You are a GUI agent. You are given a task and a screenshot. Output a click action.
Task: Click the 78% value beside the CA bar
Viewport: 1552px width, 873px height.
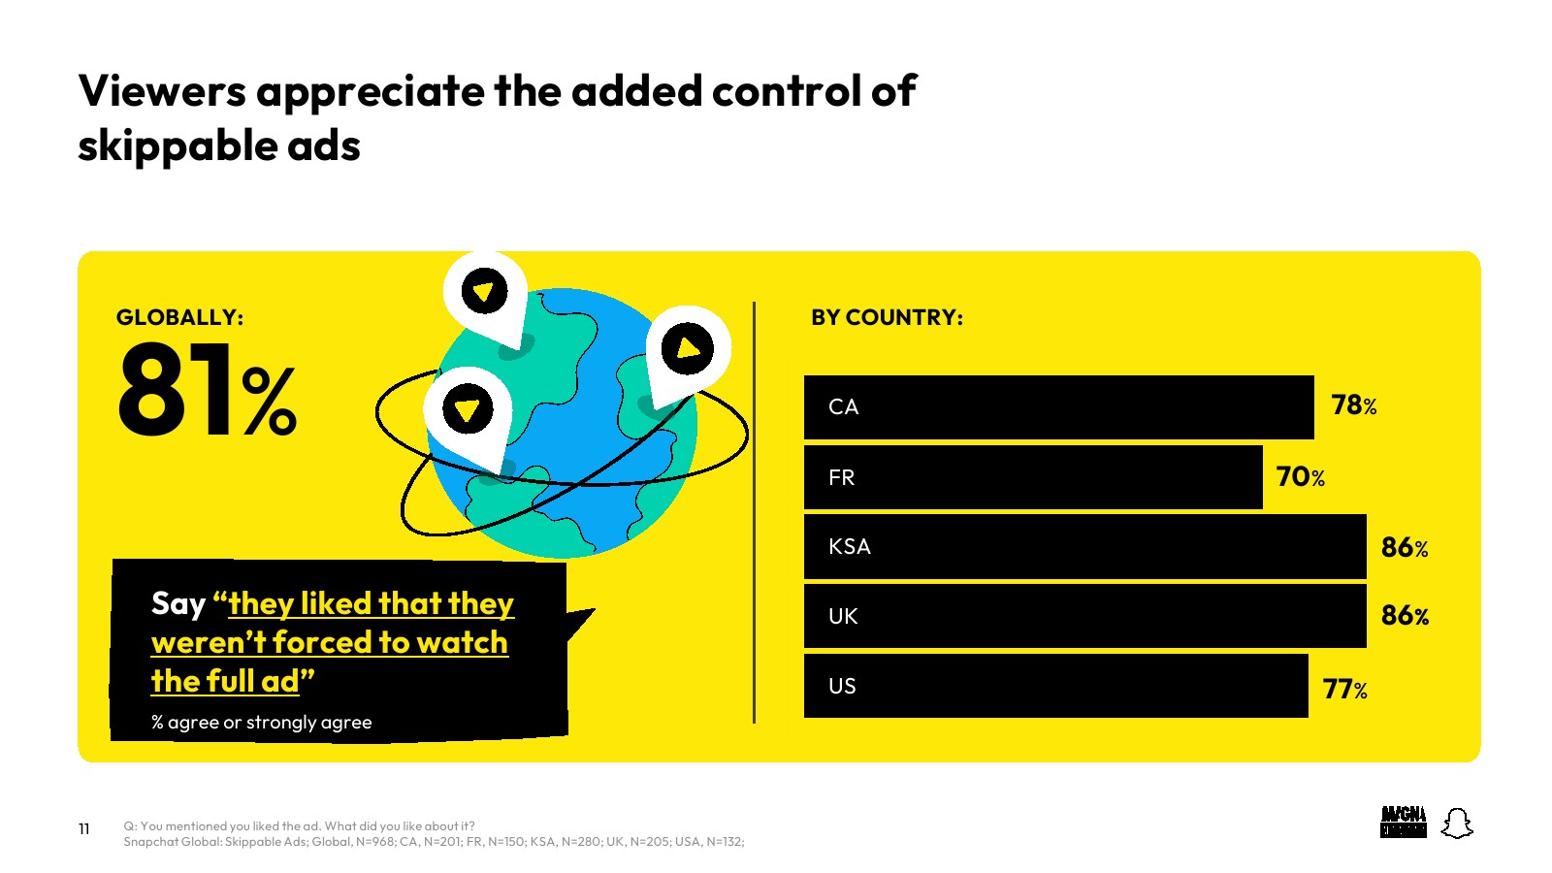coord(1354,405)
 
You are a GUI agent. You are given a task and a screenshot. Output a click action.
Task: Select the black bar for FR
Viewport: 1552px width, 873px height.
coord(1033,477)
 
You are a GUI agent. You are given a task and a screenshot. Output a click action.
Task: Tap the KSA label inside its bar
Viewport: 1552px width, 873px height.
coord(850,547)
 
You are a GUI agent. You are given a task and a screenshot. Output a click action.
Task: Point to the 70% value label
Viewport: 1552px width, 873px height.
coord(1301,476)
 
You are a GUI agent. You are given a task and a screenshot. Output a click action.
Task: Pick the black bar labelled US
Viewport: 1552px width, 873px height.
coord(1056,686)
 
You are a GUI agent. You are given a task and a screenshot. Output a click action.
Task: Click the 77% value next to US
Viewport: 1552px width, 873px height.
coord(1344,690)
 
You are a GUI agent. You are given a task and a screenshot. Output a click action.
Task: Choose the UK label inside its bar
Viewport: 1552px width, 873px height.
coord(843,616)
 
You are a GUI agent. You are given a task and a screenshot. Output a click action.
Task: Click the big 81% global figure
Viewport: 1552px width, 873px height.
coord(208,390)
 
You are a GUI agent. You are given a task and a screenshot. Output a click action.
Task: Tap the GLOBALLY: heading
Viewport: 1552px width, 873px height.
coord(180,317)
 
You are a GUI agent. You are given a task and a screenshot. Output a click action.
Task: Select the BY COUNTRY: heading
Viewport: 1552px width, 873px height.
coord(887,317)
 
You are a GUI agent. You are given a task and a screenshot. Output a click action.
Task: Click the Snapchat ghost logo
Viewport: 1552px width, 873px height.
coord(1457,824)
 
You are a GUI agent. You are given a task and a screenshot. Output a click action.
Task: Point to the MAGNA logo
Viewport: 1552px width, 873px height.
coord(1403,823)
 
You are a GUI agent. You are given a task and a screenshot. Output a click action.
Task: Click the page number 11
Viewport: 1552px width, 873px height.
coord(83,828)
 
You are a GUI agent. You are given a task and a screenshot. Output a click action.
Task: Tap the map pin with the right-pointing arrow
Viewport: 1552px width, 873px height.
coord(687,353)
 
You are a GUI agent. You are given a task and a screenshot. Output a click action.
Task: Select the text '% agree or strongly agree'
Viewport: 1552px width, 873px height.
coord(261,722)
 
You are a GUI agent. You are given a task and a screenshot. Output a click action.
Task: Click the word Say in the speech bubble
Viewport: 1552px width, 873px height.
coord(178,604)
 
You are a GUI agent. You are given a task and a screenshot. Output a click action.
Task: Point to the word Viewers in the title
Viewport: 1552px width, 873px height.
coord(162,91)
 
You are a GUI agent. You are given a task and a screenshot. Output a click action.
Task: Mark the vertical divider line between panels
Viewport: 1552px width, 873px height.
coord(754,513)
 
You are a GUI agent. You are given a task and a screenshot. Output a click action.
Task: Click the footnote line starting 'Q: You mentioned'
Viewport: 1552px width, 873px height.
coord(300,825)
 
